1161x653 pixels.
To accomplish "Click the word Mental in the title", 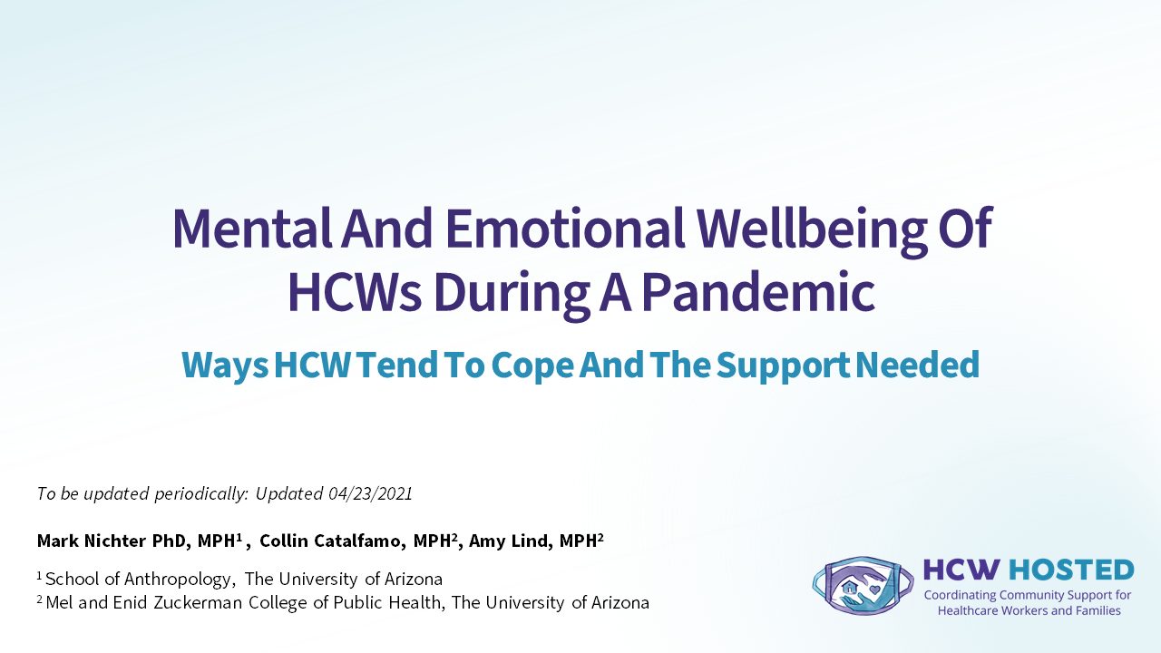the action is tap(252, 229).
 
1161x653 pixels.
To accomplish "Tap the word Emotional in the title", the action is tap(565, 229).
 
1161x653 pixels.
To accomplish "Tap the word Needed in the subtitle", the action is tap(917, 365).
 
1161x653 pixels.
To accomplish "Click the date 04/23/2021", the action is tap(370, 494).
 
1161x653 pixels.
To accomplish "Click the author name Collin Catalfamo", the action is tap(329, 541).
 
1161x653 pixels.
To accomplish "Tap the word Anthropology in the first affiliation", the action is tap(177, 580).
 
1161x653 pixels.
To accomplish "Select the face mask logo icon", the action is tap(863, 586).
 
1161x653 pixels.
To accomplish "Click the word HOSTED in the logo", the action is tap(1071, 570).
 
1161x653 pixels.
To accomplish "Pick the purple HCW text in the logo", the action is tap(961, 570).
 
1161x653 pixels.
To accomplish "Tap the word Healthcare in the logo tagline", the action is tap(969, 611).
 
